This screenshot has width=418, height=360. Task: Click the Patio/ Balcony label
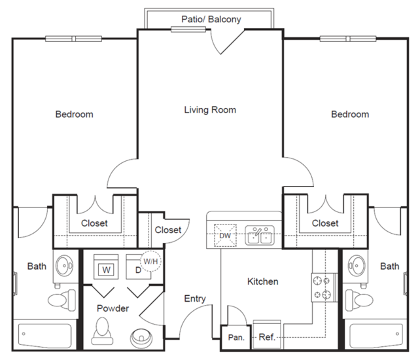[211, 20]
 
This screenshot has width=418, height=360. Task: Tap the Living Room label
[210, 110]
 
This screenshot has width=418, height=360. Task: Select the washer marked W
[106, 266]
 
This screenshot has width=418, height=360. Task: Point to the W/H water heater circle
[150, 261]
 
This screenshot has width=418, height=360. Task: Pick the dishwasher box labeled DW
[225, 236]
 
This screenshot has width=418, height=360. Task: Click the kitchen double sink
[260, 235]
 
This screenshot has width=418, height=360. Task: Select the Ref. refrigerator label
[267, 337]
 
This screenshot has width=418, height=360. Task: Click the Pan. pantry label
[236, 338]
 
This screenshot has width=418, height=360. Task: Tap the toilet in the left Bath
[62, 300]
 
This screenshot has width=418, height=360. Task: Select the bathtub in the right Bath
[376, 336]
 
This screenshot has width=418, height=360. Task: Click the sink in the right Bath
[357, 266]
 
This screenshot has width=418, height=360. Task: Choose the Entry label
[195, 299]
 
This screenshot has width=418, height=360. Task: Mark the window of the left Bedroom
[73, 39]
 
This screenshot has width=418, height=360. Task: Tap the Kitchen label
[262, 281]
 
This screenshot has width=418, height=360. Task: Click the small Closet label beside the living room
[168, 230]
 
